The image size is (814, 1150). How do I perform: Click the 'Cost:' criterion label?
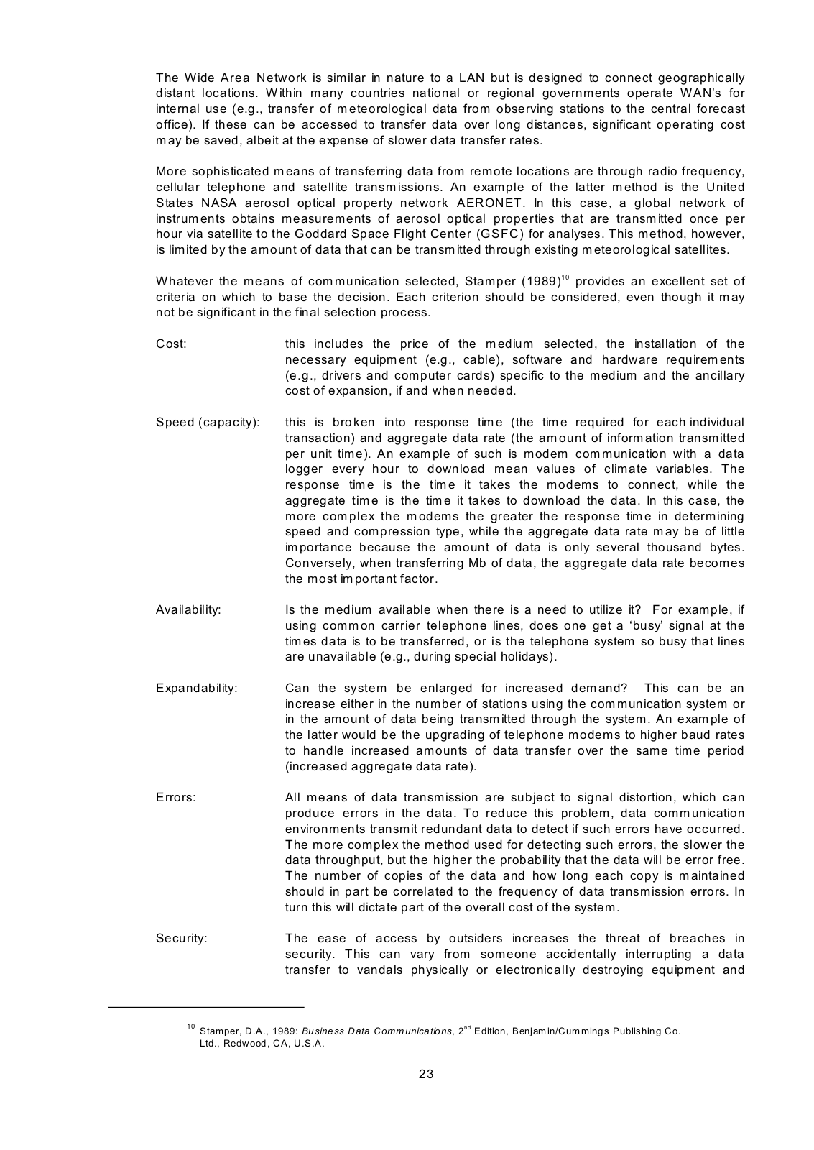[171, 344]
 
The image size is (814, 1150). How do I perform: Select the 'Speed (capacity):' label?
[208, 422]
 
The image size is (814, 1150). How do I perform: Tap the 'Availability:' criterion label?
[188, 609]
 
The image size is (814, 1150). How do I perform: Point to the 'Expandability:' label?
[196, 688]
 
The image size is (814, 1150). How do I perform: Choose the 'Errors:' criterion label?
[175, 797]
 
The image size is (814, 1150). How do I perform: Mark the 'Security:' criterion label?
[181, 938]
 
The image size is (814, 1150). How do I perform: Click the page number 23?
[426, 1075]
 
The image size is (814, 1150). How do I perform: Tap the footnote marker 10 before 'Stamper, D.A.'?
[190, 1026]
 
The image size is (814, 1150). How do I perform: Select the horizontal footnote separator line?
[206, 1007]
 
